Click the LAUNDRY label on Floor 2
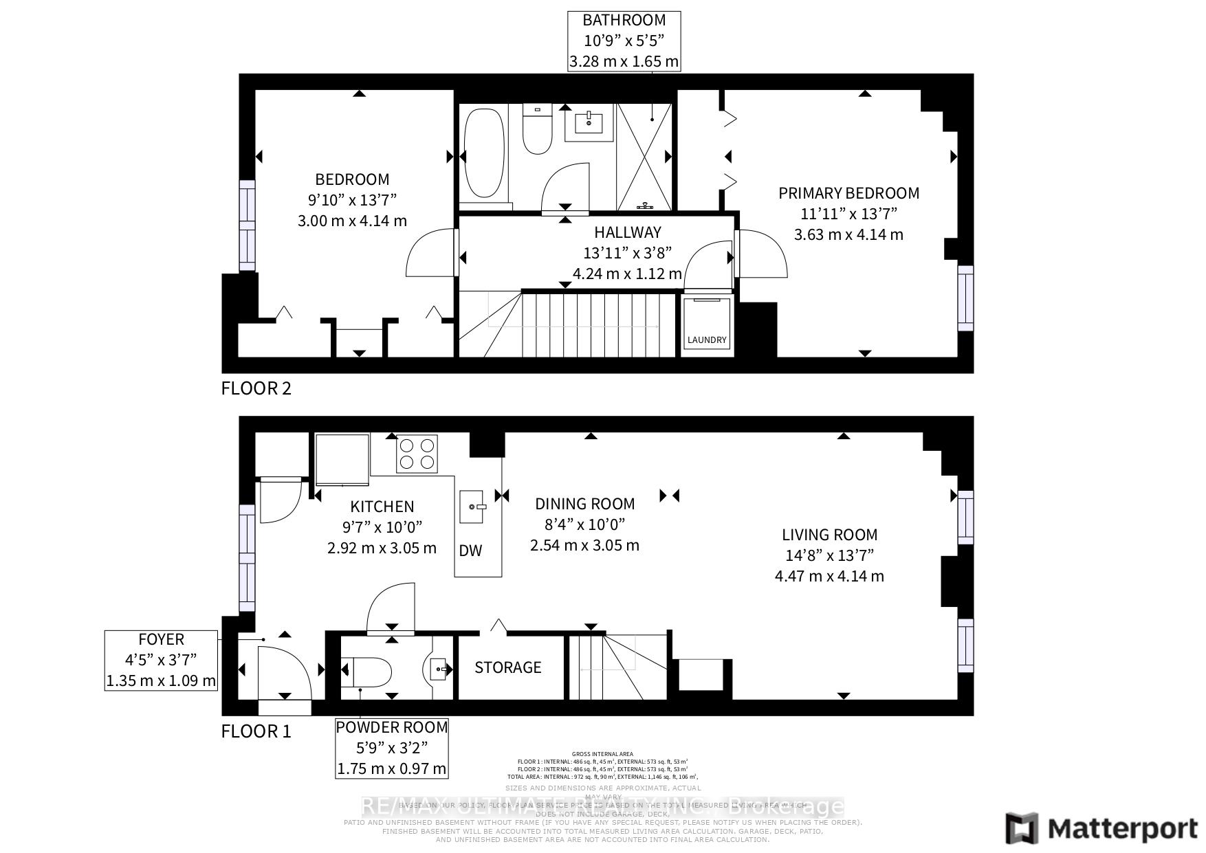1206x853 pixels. [706, 340]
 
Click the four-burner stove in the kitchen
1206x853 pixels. [417, 454]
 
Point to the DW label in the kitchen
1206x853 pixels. [470, 551]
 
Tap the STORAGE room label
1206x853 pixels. [508, 667]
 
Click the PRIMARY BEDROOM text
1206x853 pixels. [848, 193]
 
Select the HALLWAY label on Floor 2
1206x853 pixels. [627, 232]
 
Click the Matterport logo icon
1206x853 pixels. [1022, 828]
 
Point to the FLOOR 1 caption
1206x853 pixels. [256, 731]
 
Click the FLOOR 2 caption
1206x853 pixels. [256, 388]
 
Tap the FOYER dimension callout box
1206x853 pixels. [161, 660]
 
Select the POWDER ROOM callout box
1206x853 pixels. [391, 748]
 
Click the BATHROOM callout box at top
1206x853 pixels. [624, 41]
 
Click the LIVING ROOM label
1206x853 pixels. [829, 535]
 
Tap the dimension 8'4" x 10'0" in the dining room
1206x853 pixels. [584, 524]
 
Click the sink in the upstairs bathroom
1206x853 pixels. [589, 124]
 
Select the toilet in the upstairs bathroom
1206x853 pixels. [537, 131]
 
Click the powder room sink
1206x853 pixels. [439, 667]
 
